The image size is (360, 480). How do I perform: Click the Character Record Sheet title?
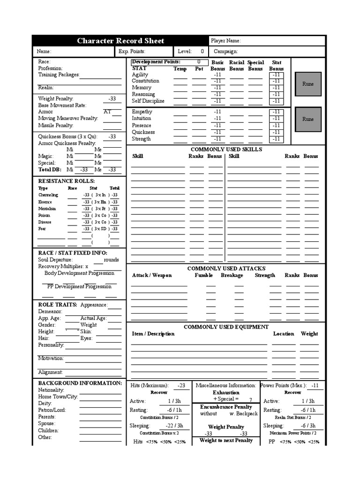tap(120, 41)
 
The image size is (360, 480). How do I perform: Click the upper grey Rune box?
tap(308, 84)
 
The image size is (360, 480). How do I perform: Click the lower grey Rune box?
tap(308, 119)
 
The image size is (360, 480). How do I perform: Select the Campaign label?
tap(225, 52)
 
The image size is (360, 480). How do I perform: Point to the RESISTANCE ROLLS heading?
tap(66, 181)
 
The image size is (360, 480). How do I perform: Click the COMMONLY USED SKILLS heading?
tap(226, 149)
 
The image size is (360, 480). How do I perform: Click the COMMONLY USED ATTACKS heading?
tap(226, 268)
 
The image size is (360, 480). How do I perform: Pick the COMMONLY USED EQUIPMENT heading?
tap(226, 327)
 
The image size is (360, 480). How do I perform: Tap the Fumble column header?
tap(204, 275)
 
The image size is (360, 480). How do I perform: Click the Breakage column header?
tap(232, 275)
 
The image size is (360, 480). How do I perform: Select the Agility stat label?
tap(140, 75)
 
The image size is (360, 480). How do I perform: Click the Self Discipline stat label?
tap(148, 101)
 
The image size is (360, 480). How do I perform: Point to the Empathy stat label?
tap(142, 112)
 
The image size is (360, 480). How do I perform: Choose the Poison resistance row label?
tap(44, 215)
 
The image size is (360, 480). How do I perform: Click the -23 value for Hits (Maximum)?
tap(181, 385)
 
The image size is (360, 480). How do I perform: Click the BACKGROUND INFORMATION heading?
tap(80, 383)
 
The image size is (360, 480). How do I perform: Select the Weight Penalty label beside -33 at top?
tap(56, 98)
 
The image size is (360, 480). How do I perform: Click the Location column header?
tap(284, 334)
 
